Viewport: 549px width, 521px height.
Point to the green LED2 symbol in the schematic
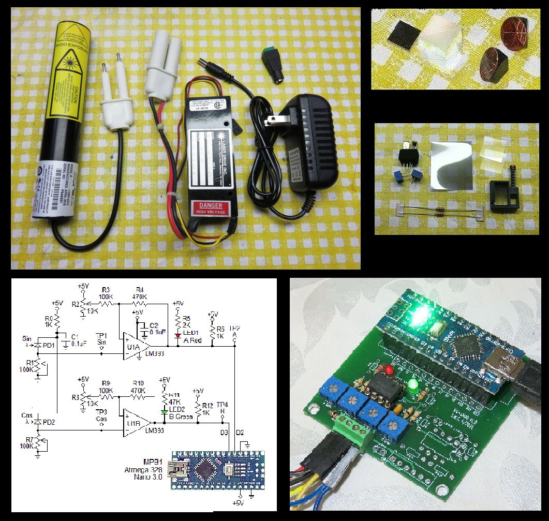[x=164, y=412]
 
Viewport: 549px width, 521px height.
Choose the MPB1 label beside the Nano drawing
[x=153, y=461]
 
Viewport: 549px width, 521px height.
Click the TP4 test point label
[x=222, y=405]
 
